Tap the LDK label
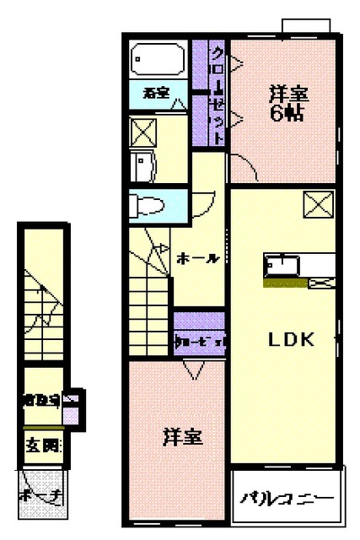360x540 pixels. pos(291,340)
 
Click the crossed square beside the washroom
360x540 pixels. pos(143,132)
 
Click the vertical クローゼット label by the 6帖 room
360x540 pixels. pos(217,93)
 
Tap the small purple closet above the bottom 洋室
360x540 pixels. pos(199,341)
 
